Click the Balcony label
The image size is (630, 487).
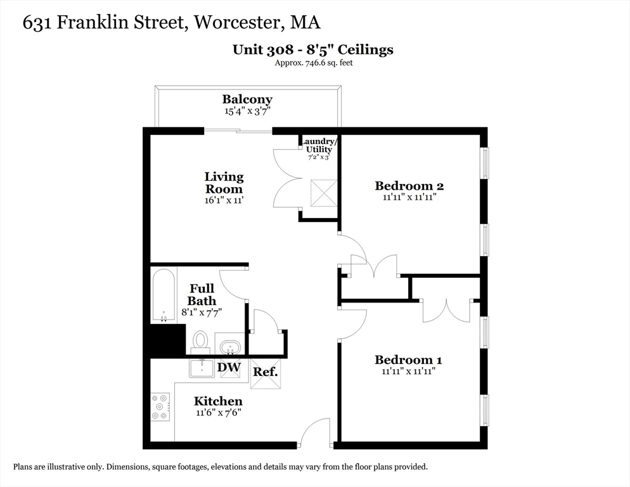[x=247, y=100]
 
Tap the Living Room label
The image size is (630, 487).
[x=224, y=183]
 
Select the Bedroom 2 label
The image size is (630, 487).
[x=409, y=186]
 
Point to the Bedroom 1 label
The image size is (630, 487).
[x=408, y=360]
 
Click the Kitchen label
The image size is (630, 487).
[x=218, y=401]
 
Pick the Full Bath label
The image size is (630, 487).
[x=202, y=295]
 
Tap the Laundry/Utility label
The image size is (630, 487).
[x=319, y=145]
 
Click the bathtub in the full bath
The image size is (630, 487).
[x=164, y=295]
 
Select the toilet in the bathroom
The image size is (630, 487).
[x=201, y=341]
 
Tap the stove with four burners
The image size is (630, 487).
[x=160, y=407]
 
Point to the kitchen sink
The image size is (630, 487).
[x=202, y=368]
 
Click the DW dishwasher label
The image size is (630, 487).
[x=228, y=367]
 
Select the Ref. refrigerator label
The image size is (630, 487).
[x=265, y=372]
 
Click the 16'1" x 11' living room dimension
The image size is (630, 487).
[x=224, y=200]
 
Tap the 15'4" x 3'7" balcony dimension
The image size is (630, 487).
[x=247, y=112]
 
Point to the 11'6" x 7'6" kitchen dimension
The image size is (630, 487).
[x=218, y=412]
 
